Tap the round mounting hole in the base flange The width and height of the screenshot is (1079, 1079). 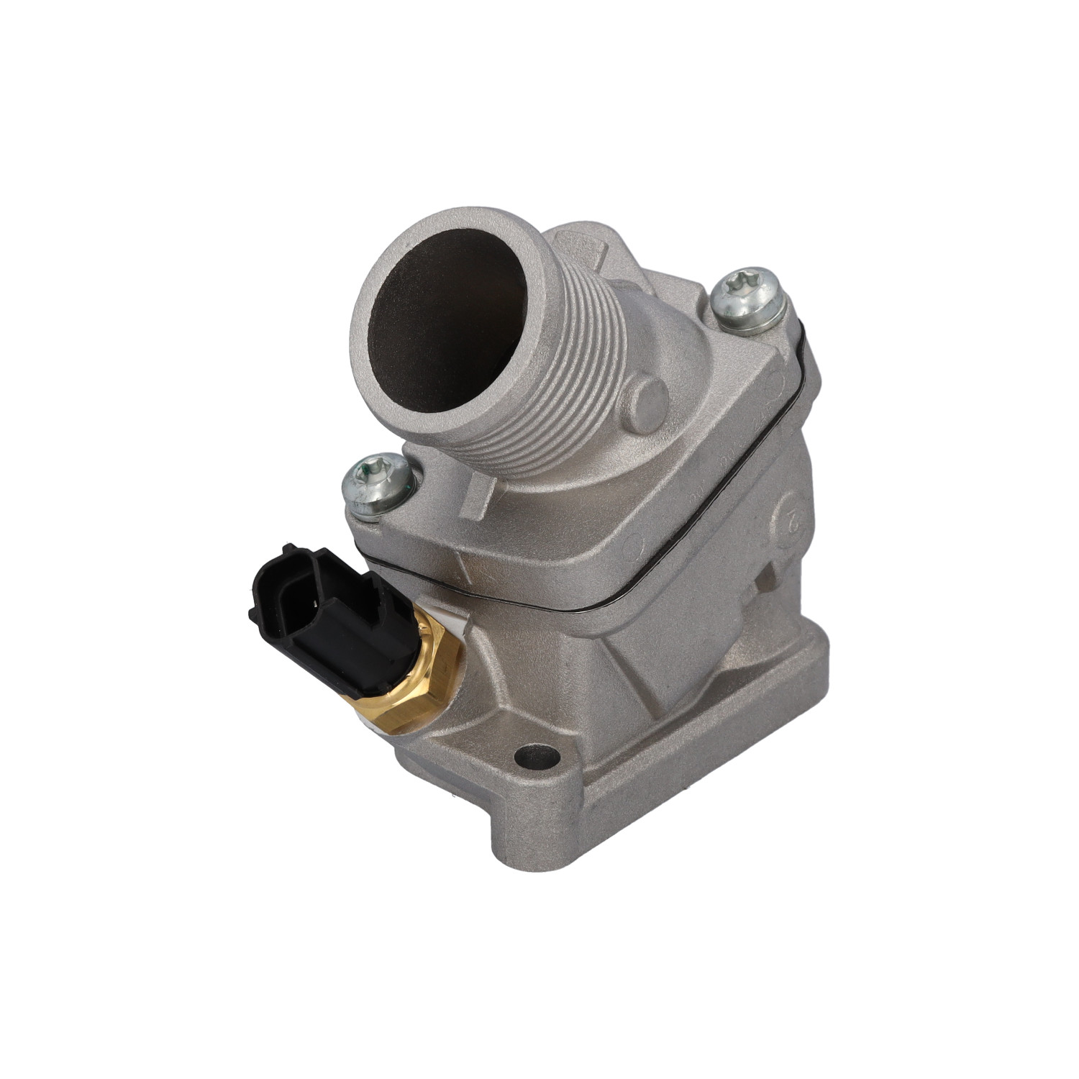click(x=537, y=756)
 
